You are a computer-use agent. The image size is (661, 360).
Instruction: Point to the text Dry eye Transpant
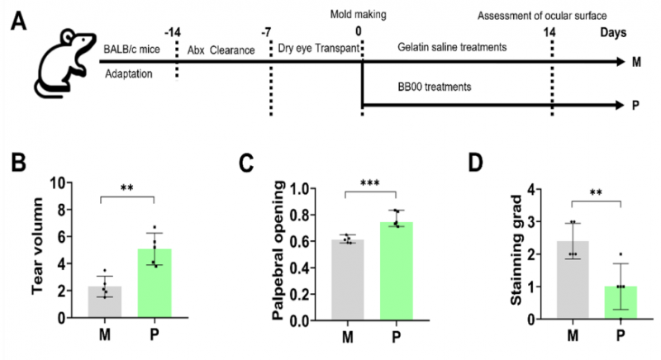[318, 49]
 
